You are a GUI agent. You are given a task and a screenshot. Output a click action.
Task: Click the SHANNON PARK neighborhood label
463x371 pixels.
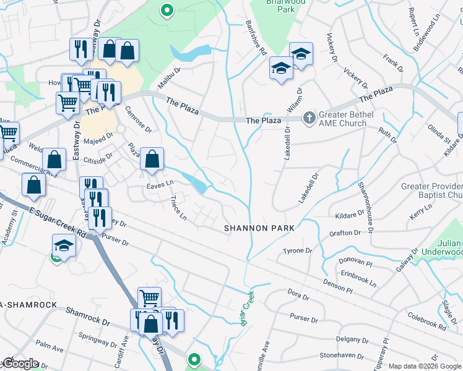258,228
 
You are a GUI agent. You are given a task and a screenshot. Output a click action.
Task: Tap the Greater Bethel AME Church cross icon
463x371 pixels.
308,117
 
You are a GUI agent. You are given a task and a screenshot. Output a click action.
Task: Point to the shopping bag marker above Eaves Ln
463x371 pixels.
152,160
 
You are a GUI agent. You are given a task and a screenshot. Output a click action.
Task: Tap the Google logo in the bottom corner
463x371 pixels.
20,363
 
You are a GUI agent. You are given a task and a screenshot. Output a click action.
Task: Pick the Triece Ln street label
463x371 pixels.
178,207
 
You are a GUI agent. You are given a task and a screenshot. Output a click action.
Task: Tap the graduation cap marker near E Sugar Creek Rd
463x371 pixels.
63,245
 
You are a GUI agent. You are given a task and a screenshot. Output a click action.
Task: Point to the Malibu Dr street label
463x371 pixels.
168,79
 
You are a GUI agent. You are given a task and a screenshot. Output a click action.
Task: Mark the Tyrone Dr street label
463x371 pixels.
295,251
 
